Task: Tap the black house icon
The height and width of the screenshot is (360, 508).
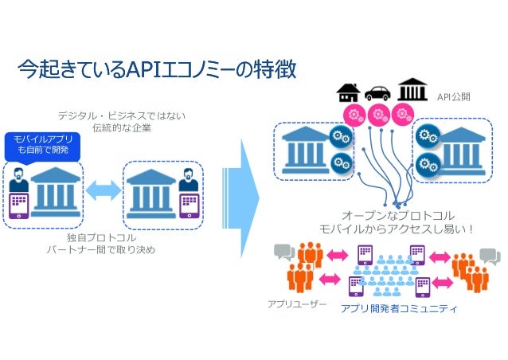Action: [348, 92]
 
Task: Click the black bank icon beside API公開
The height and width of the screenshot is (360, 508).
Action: [410, 91]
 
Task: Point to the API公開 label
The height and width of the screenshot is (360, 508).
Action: [454, 96]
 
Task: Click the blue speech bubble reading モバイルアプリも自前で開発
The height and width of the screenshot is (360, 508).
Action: [37, 144]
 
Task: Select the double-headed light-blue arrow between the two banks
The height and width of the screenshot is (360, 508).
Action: [103, 190]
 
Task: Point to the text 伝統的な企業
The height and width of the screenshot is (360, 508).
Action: [121, 128]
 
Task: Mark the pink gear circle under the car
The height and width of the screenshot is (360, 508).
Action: [379, 112]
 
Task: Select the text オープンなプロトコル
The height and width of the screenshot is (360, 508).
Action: [397, 216]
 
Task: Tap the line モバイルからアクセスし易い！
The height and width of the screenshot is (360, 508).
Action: [397, 229]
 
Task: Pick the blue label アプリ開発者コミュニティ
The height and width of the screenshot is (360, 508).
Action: [398, 309]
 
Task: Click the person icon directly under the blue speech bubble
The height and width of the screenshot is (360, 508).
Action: [18, 179]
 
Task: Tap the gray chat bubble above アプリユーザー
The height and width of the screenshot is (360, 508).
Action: [283, 253]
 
